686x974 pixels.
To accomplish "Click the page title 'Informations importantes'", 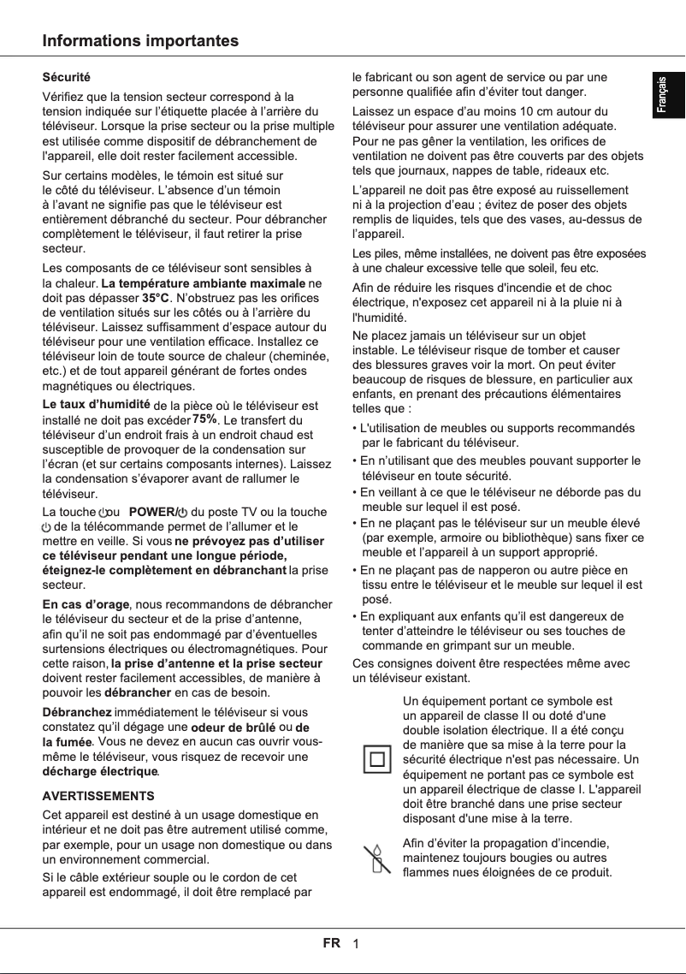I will click(x=141, y=41).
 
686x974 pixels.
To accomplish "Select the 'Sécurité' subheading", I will click(x=67, y=78).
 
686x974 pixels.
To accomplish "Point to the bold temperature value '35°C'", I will click(x=156, y=298).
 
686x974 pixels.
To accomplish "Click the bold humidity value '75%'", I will click(x=204, y=419).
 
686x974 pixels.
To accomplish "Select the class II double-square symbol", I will click(x=376, y=759).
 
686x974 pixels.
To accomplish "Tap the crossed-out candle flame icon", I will click(x=374, y=858).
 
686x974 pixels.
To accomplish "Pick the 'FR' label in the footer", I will click(x=331, y=943).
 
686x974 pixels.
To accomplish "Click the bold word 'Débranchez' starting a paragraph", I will click(x=77, y=712).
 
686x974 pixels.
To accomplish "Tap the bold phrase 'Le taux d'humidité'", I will click(x=97, y=404).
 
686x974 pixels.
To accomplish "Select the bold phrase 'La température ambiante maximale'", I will click(x=203, y=282).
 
